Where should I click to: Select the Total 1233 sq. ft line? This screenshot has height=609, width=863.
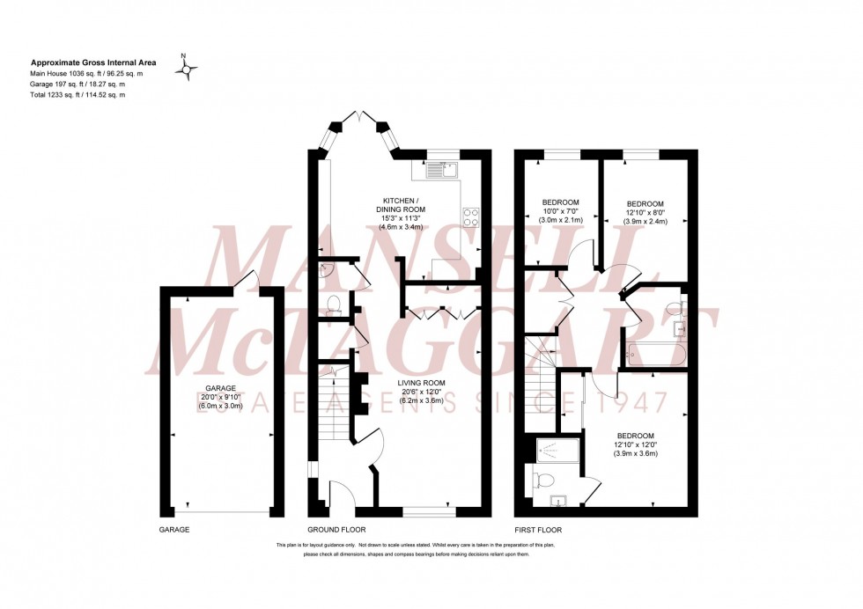pos(77,94)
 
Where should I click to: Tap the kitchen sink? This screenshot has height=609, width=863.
pos(441,169)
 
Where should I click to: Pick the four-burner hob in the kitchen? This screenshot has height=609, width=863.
pos(470,216)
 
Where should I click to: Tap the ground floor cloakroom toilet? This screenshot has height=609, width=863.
pos(333,305)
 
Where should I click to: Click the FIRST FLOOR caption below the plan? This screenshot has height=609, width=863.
pos(539,530)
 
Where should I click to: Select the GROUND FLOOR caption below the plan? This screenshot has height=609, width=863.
pos(336,530)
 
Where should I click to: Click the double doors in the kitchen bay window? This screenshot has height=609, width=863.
pos(363,117)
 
